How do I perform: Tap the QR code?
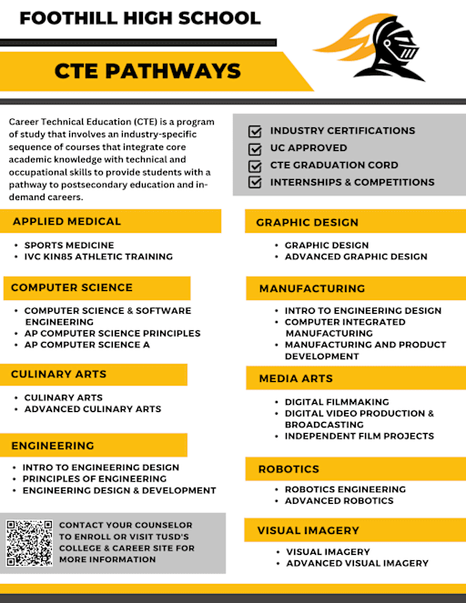pos(29,543)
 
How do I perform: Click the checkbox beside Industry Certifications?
pos(255,131)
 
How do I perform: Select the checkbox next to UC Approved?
pos(255,148)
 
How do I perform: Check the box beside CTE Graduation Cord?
pos(255,166)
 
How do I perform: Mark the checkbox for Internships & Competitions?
pos(255,182)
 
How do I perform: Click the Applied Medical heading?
pos(66,221)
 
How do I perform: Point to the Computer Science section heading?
pos(72,287)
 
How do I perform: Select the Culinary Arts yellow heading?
pos(58,374)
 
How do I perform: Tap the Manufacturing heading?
pos(311,288)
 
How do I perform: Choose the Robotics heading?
pos(289,469)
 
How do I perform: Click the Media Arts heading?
pos(296,378)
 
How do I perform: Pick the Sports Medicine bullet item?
pos(69,246)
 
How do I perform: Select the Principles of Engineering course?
pos(95,478)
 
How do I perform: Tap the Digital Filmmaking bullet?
pos(337,402)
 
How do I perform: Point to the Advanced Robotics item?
pos(339,501)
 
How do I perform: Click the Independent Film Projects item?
pos(360,437)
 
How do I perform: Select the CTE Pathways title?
pos(147,72)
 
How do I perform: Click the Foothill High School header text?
pos(140,17)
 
